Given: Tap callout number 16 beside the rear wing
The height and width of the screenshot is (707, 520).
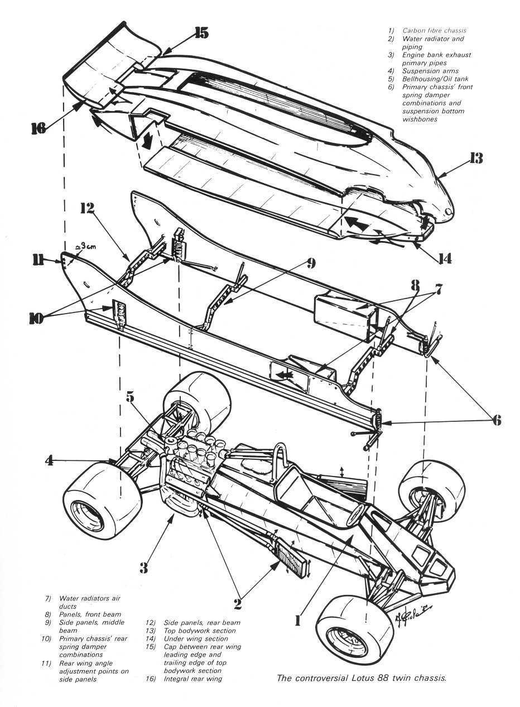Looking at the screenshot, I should (38, 128).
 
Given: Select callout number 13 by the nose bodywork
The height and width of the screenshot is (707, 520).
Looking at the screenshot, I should (475, 158).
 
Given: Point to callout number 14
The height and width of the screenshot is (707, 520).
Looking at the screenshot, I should (445, 258).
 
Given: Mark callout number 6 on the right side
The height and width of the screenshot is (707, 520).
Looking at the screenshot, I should (493, 420).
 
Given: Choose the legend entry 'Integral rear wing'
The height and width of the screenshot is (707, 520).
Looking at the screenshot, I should (192, 679).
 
